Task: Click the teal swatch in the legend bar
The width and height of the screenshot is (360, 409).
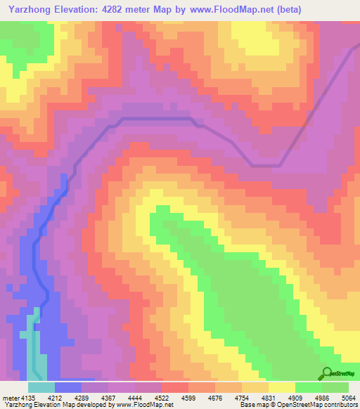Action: click(41, 387)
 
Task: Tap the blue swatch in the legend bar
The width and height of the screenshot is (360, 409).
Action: click(68, 387)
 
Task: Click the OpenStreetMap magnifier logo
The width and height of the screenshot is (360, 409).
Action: click(326, 373)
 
